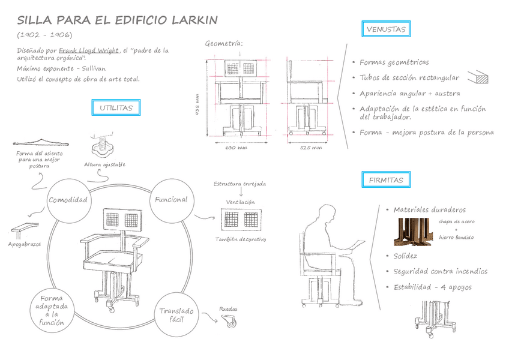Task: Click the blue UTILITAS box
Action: (116, 108)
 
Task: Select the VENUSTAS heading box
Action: (387, 29)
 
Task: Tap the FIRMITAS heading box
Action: (386, 179)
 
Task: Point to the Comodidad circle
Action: (68, 200)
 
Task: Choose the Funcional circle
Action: (171, 200)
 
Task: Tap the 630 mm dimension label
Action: (236, 148)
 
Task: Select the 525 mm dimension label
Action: (310, 148)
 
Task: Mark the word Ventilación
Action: (240, 202)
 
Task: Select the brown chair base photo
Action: (413, 232)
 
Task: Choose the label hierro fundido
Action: (456, 237)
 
